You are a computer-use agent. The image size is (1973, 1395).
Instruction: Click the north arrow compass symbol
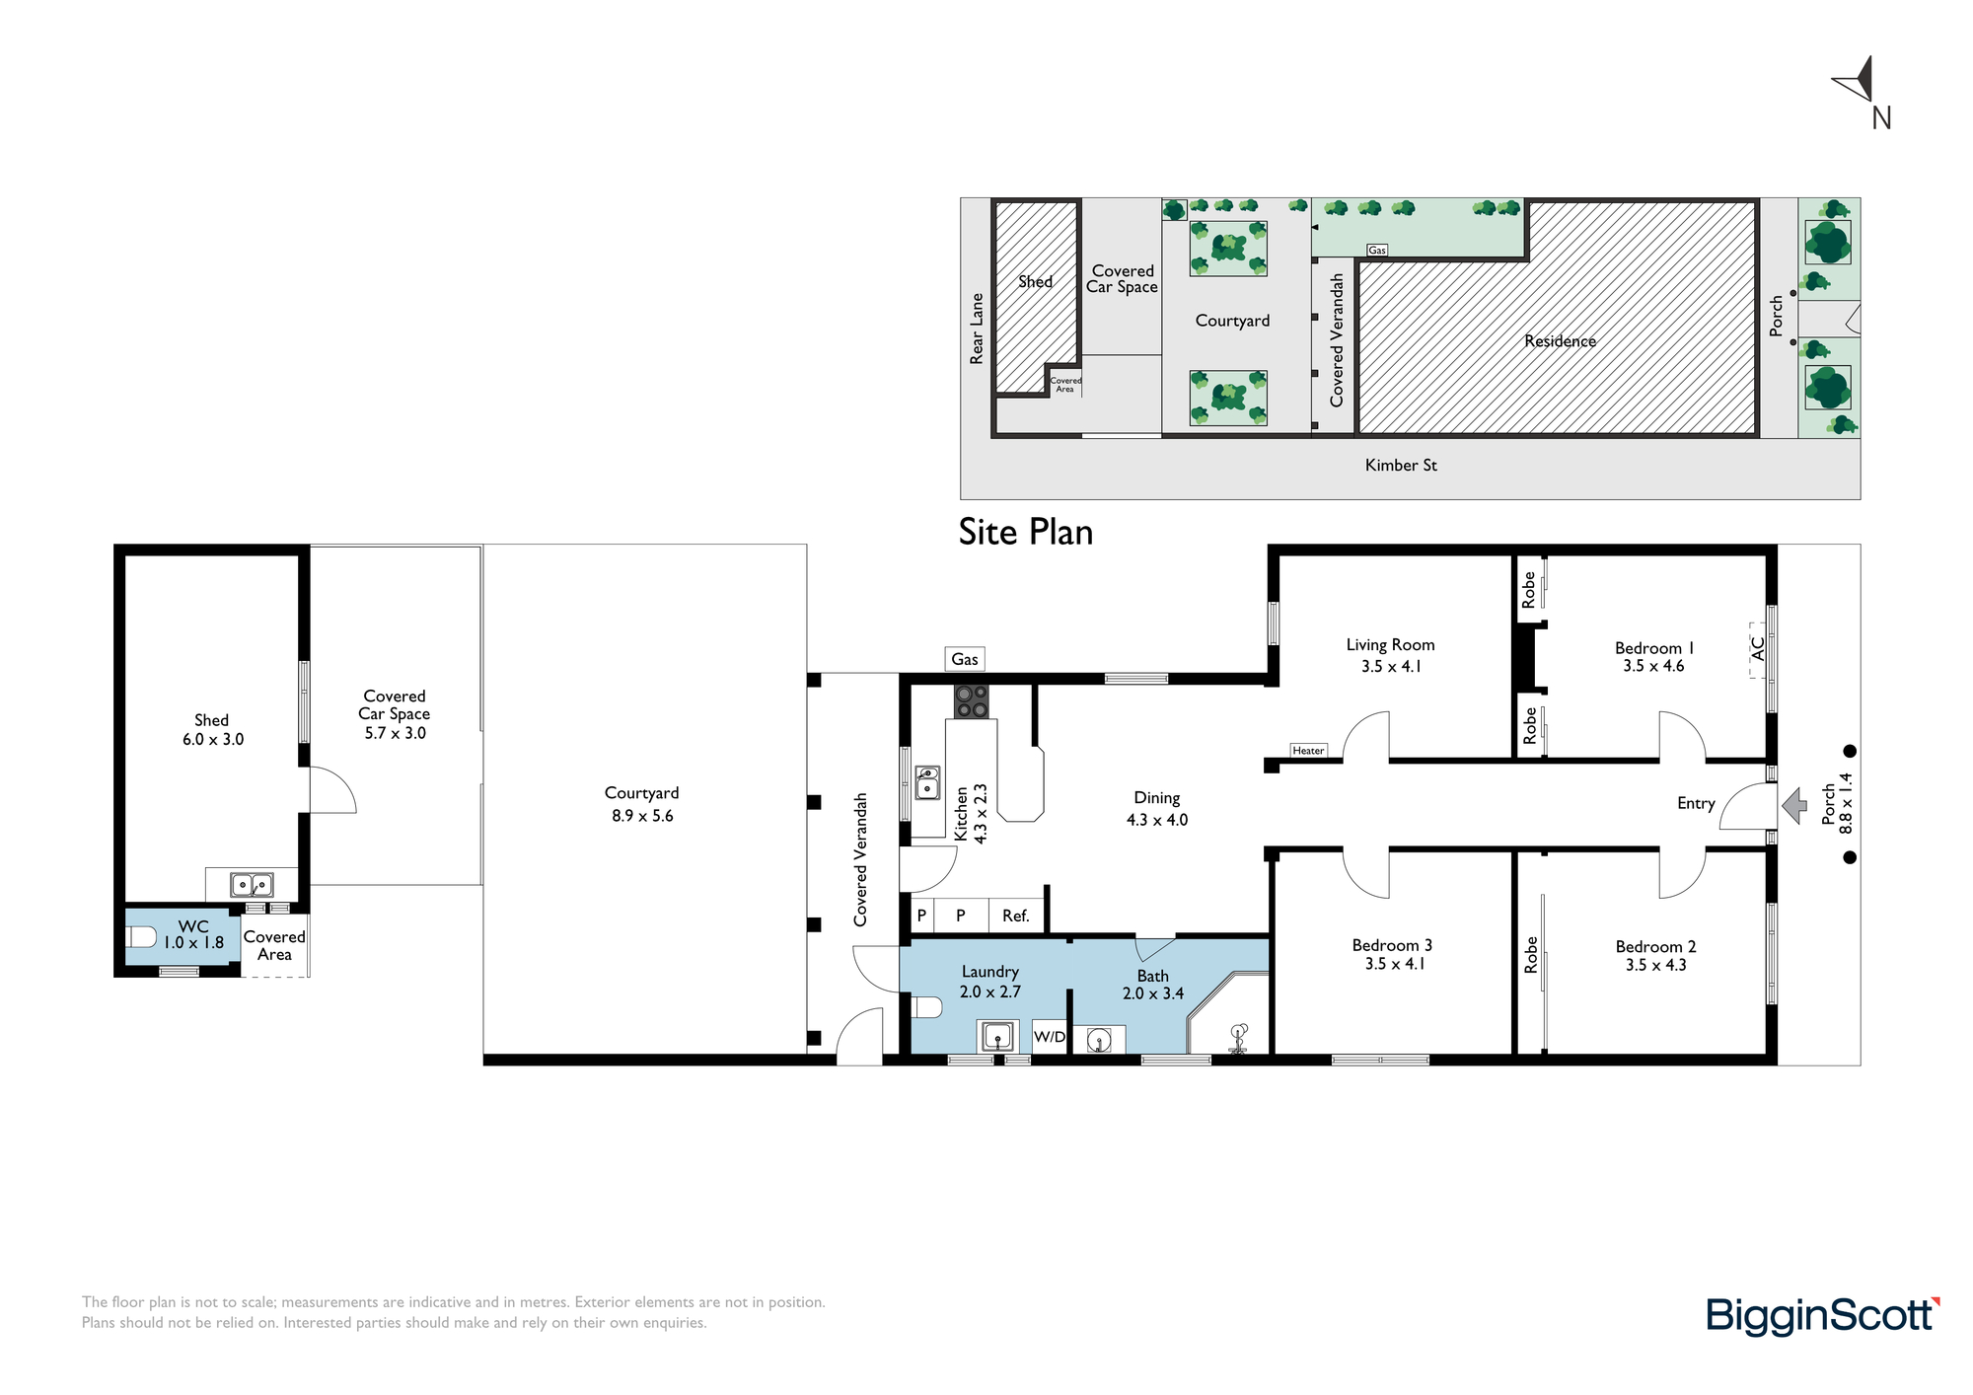pos(1859,81)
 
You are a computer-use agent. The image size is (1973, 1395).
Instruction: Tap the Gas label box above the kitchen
pos(965,659)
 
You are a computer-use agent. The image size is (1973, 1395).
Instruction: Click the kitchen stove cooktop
pos(971,701)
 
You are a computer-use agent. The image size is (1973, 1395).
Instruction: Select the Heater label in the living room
pos(1308,751)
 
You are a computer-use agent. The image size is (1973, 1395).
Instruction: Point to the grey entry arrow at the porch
pos(1794,805)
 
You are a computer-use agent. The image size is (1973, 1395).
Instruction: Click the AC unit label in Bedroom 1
pos(1757,649)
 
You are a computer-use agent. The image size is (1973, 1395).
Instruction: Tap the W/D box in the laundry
pos(1050,1037)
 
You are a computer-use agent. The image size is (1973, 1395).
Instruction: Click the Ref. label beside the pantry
pos(1016,916)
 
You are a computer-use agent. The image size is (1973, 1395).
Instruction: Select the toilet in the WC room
pos(141,936)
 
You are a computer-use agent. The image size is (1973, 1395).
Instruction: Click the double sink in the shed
pos(252,884)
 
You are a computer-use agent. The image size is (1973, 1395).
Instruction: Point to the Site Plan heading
pos(1026,532)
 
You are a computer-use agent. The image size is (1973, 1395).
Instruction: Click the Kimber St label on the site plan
pos(1401,465)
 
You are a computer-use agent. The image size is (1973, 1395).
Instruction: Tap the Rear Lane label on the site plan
pos(977,329)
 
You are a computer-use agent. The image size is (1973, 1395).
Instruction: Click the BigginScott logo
pos(1823,1316)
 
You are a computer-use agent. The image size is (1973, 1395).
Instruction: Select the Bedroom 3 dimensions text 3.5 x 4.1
pos(1394,964)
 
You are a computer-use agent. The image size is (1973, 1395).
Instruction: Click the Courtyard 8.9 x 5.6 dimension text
pos(642,816)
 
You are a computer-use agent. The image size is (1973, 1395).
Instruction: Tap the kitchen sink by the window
pos(927,782)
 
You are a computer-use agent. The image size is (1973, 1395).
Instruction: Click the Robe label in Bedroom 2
pos(1530,955)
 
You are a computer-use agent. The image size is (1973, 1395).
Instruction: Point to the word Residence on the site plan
pos(1560,341)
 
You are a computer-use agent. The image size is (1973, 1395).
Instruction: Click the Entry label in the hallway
pos(1696,803)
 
